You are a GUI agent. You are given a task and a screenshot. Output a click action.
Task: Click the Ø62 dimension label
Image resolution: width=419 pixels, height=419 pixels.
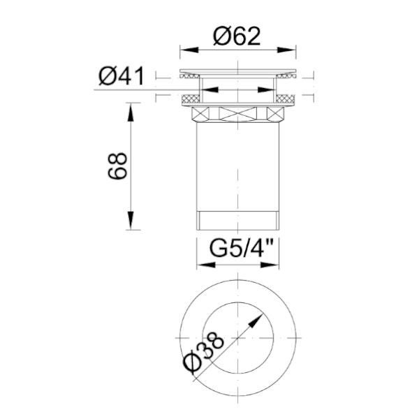[x=237, y=35]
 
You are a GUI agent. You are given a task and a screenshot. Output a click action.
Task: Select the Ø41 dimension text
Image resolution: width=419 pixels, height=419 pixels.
[x=121, y=75]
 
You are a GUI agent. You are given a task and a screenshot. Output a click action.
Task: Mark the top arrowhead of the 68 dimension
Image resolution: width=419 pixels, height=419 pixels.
[x=130, y=107]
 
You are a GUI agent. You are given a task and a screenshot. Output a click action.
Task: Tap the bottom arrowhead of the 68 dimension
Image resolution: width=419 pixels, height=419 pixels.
[x=130, y=225]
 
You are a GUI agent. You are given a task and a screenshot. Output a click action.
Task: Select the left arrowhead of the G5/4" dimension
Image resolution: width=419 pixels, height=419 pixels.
[x=204, y=265]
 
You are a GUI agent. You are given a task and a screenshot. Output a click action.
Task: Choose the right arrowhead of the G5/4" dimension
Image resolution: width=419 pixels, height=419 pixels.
[x=277, y=265]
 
